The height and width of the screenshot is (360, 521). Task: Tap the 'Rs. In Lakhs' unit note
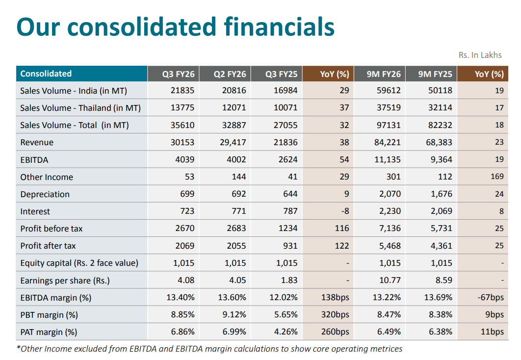click(480, 55)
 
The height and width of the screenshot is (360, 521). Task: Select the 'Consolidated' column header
click(46, 74)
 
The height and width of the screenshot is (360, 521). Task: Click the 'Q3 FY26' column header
click(179, 74)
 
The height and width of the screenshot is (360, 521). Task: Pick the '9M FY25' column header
click(435, 74)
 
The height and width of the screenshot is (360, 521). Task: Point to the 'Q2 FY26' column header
click(230, 74)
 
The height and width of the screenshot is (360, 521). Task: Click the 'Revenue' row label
click(37, 142)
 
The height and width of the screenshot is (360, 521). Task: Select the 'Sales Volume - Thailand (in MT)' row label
click(80, 108)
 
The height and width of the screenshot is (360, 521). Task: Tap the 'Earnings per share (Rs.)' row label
click(65, 281)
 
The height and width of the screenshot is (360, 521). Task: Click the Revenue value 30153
click(182, 142)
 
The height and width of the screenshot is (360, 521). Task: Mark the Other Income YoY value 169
click(497, 177)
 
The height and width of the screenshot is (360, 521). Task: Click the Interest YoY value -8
click(344, 211)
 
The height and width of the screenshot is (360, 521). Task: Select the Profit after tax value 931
click(289, 246)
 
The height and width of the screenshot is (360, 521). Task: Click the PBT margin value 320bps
click(335, 315)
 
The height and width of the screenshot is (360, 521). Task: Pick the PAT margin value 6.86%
click(182, 332)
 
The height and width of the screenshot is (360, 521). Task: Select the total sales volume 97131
click(389, 125)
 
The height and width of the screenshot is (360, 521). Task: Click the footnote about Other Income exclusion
click(209, 349)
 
